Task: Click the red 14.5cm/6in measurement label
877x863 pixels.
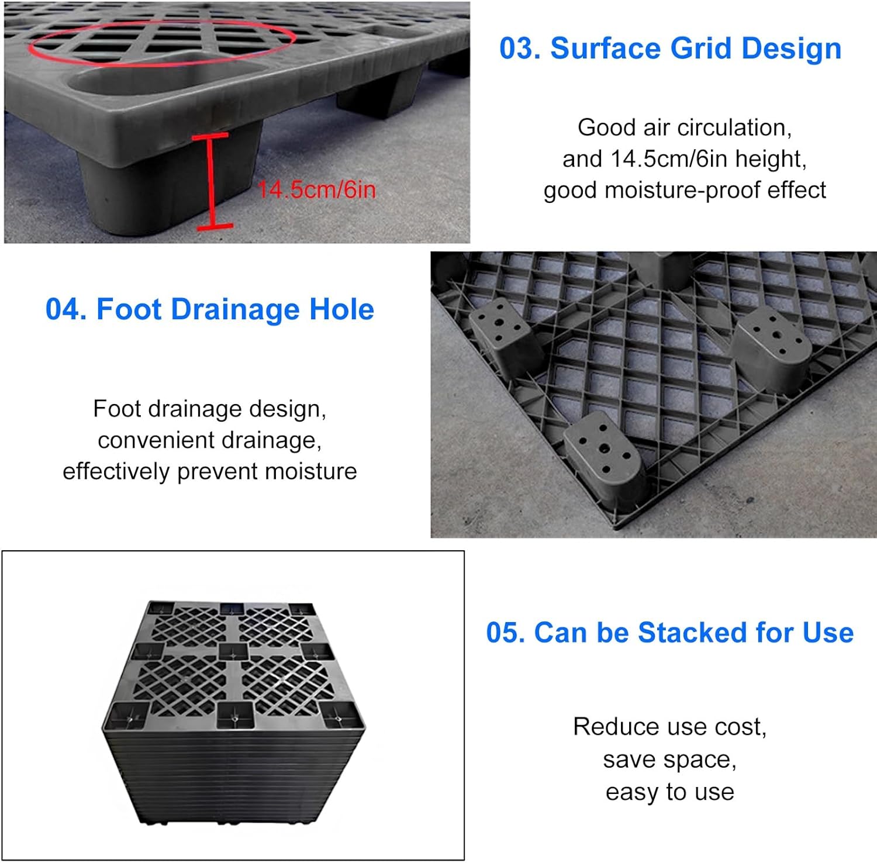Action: click(x=316, y=190)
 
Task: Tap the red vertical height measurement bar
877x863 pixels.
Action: click(x=210, y=181)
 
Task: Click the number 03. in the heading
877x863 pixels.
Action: click(x=520, y=49)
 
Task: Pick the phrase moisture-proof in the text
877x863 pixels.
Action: click(x=683, y=191)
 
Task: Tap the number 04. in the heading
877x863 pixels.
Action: click(x=66, y=309)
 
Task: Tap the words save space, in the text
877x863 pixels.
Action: click(x=669, y=760)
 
